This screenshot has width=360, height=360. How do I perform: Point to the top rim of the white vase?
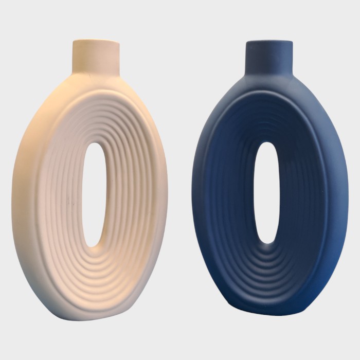96,41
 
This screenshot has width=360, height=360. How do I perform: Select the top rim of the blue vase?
268,42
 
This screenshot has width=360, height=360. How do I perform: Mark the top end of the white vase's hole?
94,145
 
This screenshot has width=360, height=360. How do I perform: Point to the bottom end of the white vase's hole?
93,244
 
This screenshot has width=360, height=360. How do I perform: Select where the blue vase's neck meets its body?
268,77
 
